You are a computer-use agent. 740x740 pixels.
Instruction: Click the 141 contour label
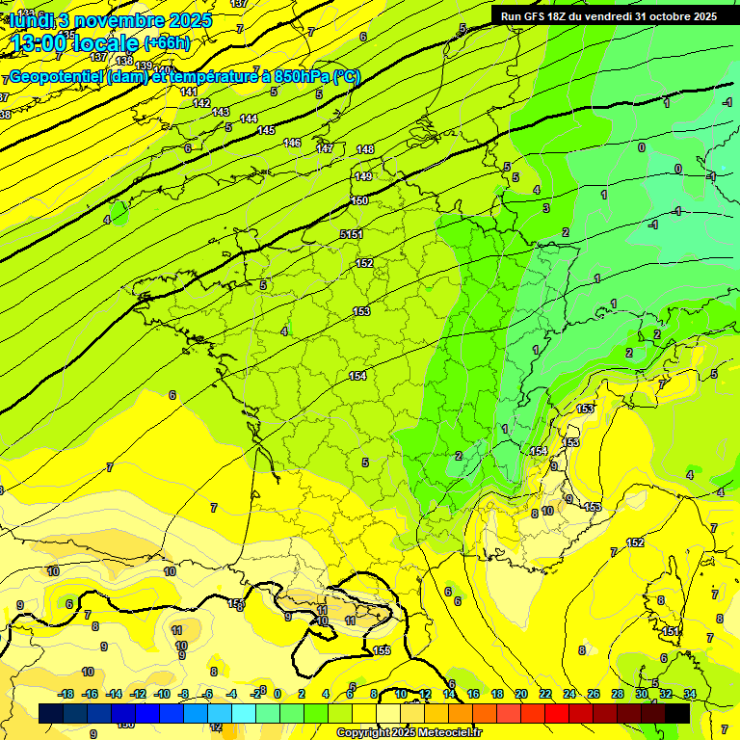click(189, 92)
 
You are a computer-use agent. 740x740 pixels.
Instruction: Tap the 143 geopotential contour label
click(221, 113)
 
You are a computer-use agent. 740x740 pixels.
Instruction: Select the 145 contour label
click(266, 130)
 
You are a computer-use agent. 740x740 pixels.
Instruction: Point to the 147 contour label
click(325, 148)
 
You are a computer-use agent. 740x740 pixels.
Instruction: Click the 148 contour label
click(365, 149)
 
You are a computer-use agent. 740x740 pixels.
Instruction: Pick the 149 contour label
click(363, 176)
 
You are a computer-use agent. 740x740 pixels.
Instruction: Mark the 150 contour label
click(359, 200)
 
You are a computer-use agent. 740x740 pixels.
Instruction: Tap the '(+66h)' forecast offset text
click(167, 43)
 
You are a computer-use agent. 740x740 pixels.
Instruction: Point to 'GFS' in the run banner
click(541, 16)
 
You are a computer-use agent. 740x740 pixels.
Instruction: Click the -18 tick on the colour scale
click(66, 694)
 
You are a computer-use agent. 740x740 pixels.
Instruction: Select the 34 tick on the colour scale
click(690, 694)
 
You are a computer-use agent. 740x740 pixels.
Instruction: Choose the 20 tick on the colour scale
click(520, 694)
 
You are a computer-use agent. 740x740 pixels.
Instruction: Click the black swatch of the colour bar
click(677, 713)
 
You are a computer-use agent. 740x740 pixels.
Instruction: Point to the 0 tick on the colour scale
click(277, 694)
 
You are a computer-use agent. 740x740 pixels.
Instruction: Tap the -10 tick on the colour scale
click(162, 694)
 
